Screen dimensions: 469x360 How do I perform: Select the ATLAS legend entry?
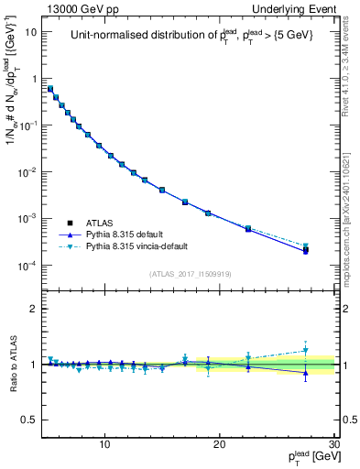click(x=101, y=222)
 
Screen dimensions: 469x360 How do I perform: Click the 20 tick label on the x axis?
click(x=220, y=444)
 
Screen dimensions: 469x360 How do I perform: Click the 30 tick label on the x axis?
click(x=333, y=444)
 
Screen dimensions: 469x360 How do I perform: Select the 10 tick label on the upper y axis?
click(x=32, y=31)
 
